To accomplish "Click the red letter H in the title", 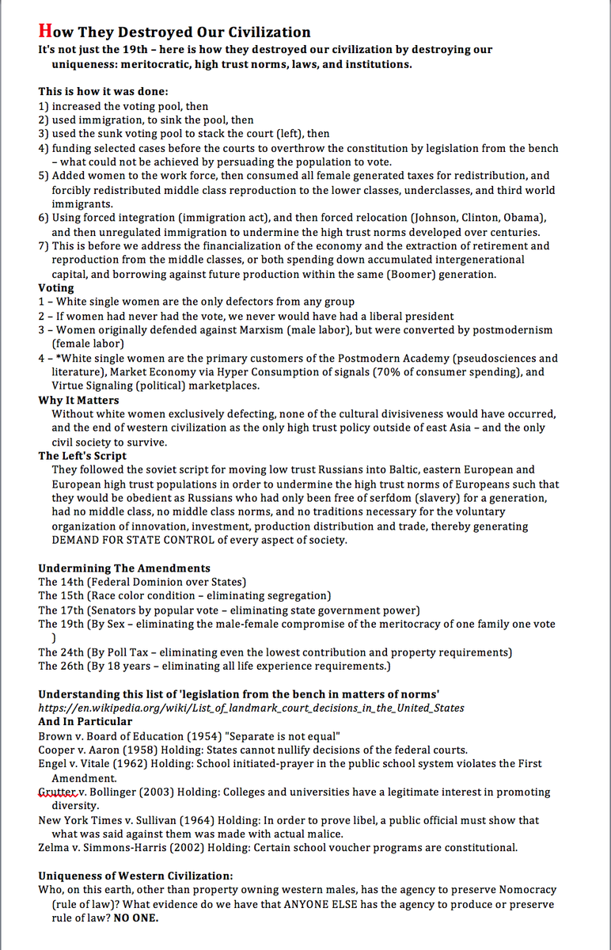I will pyautogui.click(x=45, y=32).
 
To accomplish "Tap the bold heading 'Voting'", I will pyautogui.click(x=56, y=288).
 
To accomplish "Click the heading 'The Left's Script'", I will pyautogui.click(x=82, y=456).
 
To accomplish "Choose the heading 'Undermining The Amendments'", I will pyautogui.click(x=124, y=568).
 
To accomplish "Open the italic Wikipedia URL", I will pyautogui.click(x=251, y=707).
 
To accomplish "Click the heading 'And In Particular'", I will pyautogui.click(x=85, y=721).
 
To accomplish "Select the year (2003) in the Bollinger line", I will pyautogui.click(x=158, y=792).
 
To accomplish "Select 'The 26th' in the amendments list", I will pyautogui.click(x=59, y=666).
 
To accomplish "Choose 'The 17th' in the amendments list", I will pyautogui.click(x=59, y=610).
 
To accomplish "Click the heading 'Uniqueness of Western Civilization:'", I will pyautogui.click(x=135, y=875).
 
